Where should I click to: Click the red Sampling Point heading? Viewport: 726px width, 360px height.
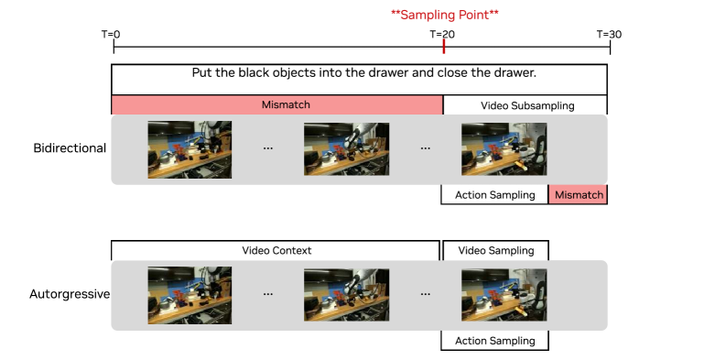pos(445,15)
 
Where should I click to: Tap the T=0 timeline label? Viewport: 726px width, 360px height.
pos(111,34)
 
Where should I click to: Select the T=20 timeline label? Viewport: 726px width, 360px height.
pos(442,34)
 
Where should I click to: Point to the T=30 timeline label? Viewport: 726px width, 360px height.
pos(610,34)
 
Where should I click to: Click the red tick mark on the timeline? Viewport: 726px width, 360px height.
pos(444,47)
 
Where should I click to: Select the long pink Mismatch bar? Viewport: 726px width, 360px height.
pos(276,104)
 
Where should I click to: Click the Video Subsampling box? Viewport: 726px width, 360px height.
pos(526,105)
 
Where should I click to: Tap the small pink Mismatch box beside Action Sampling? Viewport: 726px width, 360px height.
pos(579,195)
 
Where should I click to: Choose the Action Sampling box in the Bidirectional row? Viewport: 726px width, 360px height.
pos(495,195)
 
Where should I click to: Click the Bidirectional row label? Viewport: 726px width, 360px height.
pos(70,148)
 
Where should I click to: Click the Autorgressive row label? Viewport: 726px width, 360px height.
pos(70,294)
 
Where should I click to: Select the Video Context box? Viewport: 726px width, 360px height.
pos(276,251)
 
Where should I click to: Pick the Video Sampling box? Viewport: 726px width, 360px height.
pos(496,251)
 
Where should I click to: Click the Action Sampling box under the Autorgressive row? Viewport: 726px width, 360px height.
pos(495,341)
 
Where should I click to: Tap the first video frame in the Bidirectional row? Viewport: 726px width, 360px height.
pos(190,149)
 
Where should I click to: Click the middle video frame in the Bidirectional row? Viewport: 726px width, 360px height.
pos(346,149)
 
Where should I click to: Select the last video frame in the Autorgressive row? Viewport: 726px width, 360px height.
pos(504,295)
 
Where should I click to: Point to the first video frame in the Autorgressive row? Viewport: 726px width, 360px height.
pos(190,296)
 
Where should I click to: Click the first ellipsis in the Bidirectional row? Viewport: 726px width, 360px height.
pos(267,148)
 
